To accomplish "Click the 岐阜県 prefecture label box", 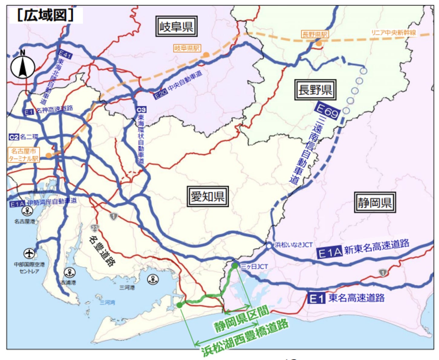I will (176, 27).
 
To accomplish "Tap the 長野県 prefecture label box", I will (315, 90).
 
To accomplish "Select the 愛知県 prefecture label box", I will (208, 196).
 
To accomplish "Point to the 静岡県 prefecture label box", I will (375, 202).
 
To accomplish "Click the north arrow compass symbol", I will (23, 67).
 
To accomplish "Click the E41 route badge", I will (65, 55).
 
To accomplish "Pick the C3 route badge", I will (141, 110).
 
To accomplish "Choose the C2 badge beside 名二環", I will (14, 137).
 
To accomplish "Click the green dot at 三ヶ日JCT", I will (235, 266).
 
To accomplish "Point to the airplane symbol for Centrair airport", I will (29, 253).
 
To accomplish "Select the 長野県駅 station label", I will (315, 34).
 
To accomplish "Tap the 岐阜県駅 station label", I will (187, 48).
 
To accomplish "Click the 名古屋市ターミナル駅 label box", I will (24, 155).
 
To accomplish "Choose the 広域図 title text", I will (45, 15).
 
